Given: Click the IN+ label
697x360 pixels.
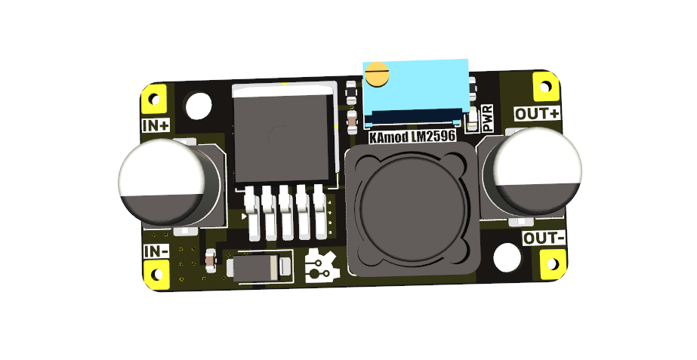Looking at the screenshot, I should point(156,125).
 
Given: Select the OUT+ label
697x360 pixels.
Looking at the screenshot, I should point(538,114).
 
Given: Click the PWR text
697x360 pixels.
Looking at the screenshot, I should point(488,118).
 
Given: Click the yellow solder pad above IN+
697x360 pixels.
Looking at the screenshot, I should point(156,99).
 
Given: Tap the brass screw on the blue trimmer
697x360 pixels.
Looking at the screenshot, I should point(376,75).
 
